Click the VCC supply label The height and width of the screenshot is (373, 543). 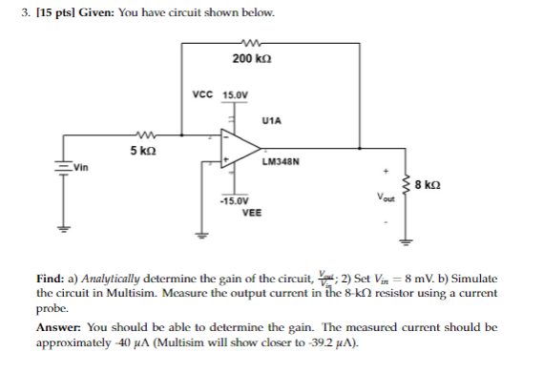[x=202, y=94]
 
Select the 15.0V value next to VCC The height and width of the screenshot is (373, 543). [x=235, y=94]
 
